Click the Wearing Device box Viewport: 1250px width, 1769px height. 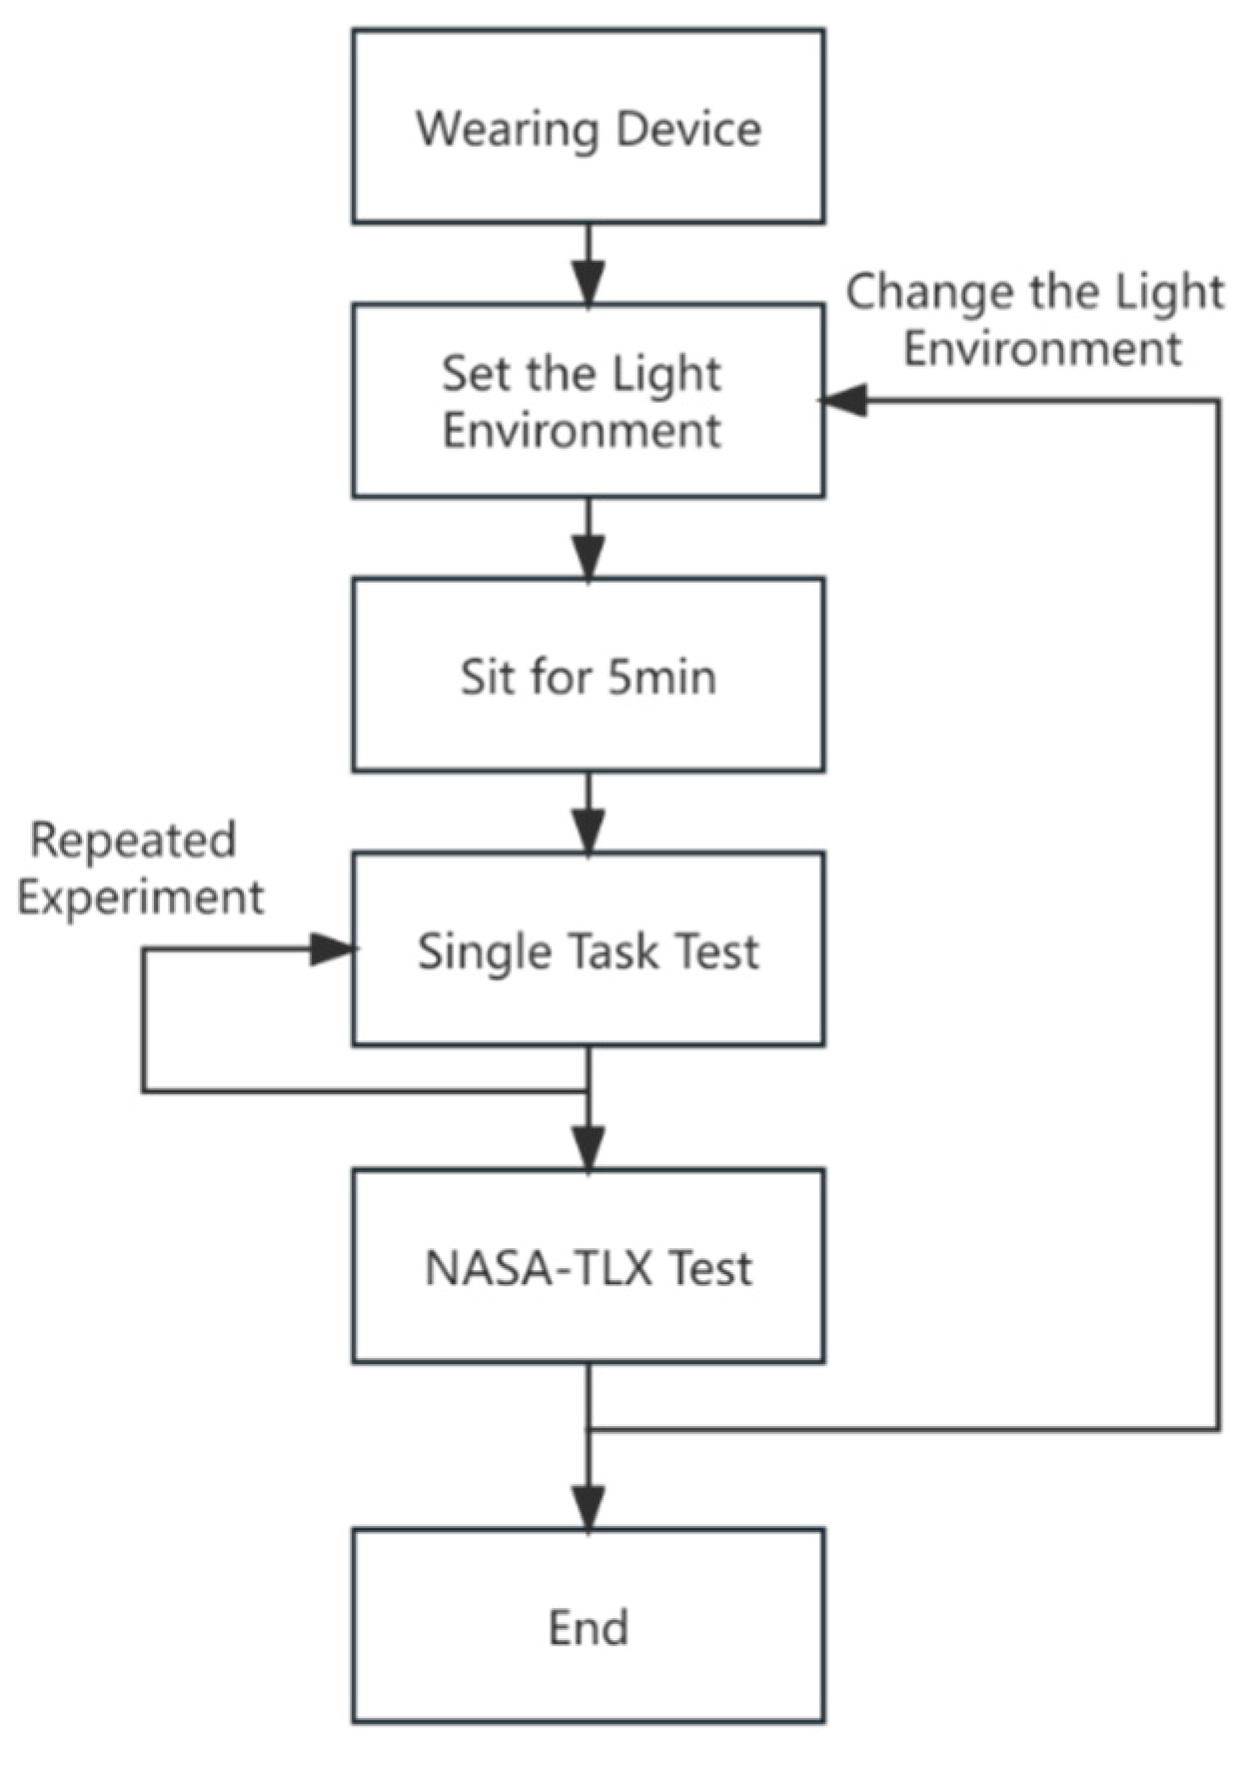coord(588,127)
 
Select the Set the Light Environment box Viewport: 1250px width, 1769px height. coord(588,401)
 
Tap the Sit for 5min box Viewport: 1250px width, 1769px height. coord(588,676)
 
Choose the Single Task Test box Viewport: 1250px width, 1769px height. coord(588,949)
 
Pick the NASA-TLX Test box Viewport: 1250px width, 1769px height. coord(588,1266)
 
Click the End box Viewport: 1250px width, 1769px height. coord(588,1626)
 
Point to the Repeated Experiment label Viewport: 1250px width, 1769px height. coord(140,868)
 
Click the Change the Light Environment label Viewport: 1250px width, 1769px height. coord(1036,320)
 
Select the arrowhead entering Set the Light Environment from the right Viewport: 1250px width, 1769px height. coord(842,401)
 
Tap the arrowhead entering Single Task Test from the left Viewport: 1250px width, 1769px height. coord(333,949)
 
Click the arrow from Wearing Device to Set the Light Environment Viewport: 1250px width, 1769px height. coord(588,265)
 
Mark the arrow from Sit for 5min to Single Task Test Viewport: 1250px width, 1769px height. coord(588,814)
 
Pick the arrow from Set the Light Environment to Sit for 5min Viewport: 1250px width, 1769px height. coord(588,540)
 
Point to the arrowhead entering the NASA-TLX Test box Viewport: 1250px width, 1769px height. coord(588,1148)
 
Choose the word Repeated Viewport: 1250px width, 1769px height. coord(133,840)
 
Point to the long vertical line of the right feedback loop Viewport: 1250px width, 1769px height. coord(1218,914)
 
